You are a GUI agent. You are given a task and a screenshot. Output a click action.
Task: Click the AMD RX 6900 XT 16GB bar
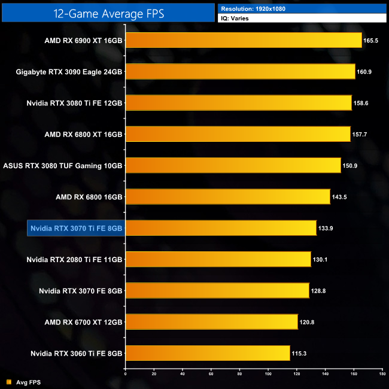click(244, 41)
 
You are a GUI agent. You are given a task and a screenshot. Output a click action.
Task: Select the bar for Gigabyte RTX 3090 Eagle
click(240, 72)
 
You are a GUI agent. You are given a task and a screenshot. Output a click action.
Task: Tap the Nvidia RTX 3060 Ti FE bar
click(208, 353)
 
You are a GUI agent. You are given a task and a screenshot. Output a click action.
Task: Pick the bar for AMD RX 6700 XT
click(211, 322)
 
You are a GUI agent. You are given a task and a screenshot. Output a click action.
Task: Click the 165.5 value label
click(371, 41)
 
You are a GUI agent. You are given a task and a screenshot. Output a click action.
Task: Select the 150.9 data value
click(350, 166)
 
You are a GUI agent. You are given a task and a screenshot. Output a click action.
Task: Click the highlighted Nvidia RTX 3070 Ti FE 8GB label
click(76, 228)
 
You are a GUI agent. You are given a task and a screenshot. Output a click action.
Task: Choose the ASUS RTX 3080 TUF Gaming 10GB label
click(63, 166)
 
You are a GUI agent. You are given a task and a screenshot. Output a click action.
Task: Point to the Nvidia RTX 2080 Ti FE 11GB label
click(74, 259)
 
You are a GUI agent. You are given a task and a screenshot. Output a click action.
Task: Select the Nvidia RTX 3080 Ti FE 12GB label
click(74, 103)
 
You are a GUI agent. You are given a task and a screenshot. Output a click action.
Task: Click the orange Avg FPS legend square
click(8, 381)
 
